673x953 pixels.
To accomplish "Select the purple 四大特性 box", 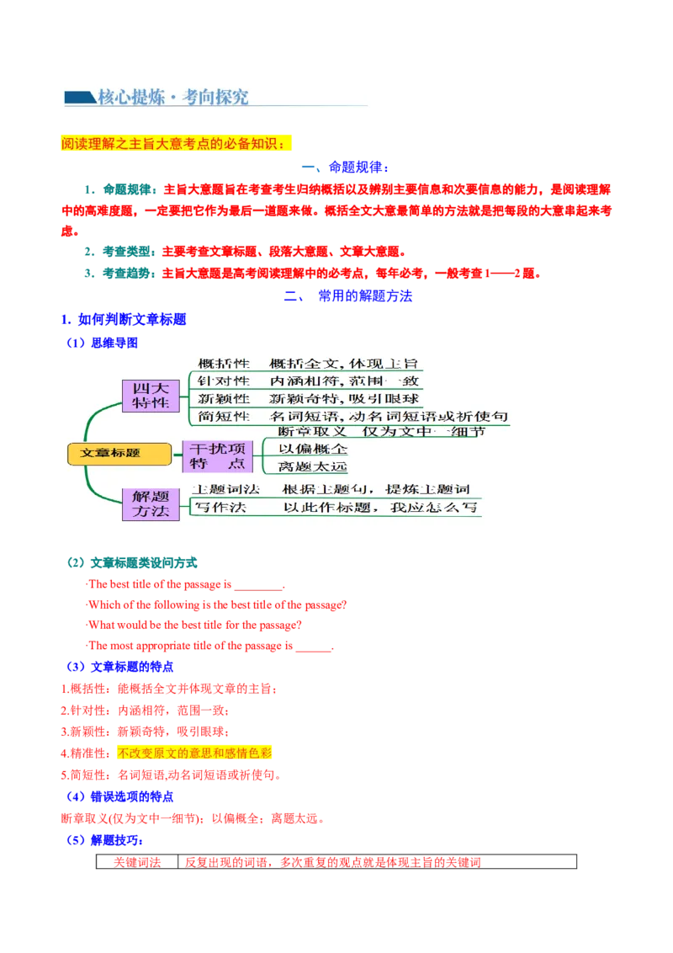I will point(151,396).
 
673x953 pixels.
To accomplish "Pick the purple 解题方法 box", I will point(151,503).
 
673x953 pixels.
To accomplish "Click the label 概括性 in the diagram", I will point(224,364).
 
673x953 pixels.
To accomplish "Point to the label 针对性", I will point(224,381).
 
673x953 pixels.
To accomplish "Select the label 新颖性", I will point(224,398).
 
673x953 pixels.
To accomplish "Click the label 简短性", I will point(224,416).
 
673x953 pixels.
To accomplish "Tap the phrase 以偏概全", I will point(313,449).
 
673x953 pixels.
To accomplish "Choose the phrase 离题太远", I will point(313,466).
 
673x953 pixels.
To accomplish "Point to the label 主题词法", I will point(226,489).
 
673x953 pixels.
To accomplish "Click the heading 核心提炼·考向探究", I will point(173,97).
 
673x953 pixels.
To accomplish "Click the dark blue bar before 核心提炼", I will point(79,98).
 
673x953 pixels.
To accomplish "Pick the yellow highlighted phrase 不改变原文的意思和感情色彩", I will point(195,753).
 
